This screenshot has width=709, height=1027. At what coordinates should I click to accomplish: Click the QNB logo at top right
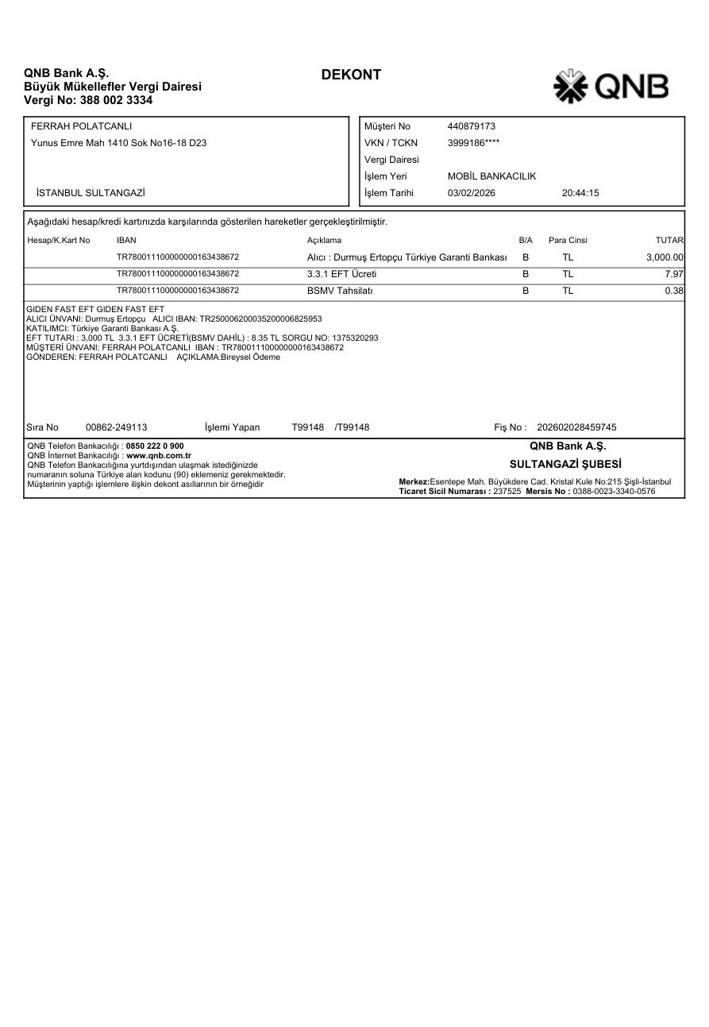tap(611, 87)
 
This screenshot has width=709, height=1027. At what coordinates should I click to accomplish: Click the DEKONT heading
tap(351, 75)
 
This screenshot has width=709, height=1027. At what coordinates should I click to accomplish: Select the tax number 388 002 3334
tap(117, 100)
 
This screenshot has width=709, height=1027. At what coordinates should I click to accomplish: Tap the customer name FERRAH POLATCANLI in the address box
tap(81, 126)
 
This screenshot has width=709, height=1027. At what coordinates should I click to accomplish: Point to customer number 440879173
tap(472, 126)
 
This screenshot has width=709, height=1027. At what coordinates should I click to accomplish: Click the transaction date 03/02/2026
tap(472, 193)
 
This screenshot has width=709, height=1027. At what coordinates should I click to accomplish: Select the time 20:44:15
tap(580, 193)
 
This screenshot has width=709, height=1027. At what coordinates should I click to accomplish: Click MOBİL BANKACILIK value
tap(491, 176)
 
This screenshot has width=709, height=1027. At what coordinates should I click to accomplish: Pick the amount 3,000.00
tap(665, 257)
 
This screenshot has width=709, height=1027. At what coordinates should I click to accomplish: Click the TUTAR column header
tap(669, 240)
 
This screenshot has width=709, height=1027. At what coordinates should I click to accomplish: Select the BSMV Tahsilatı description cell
tap(340, 291)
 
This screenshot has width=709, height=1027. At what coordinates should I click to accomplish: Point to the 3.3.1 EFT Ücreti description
tap(341, 274)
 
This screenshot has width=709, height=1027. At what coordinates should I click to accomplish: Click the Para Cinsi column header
tap(568, 240)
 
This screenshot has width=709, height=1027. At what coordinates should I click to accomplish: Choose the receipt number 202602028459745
tap(576, 427)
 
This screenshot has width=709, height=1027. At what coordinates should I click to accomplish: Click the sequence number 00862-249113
tap(116, 427)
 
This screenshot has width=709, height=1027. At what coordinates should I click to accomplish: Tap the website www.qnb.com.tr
tap(159, 456)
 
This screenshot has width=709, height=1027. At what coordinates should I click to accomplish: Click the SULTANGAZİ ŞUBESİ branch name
tap(565, 464)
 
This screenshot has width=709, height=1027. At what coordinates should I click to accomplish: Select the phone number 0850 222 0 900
tap(155, 446)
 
